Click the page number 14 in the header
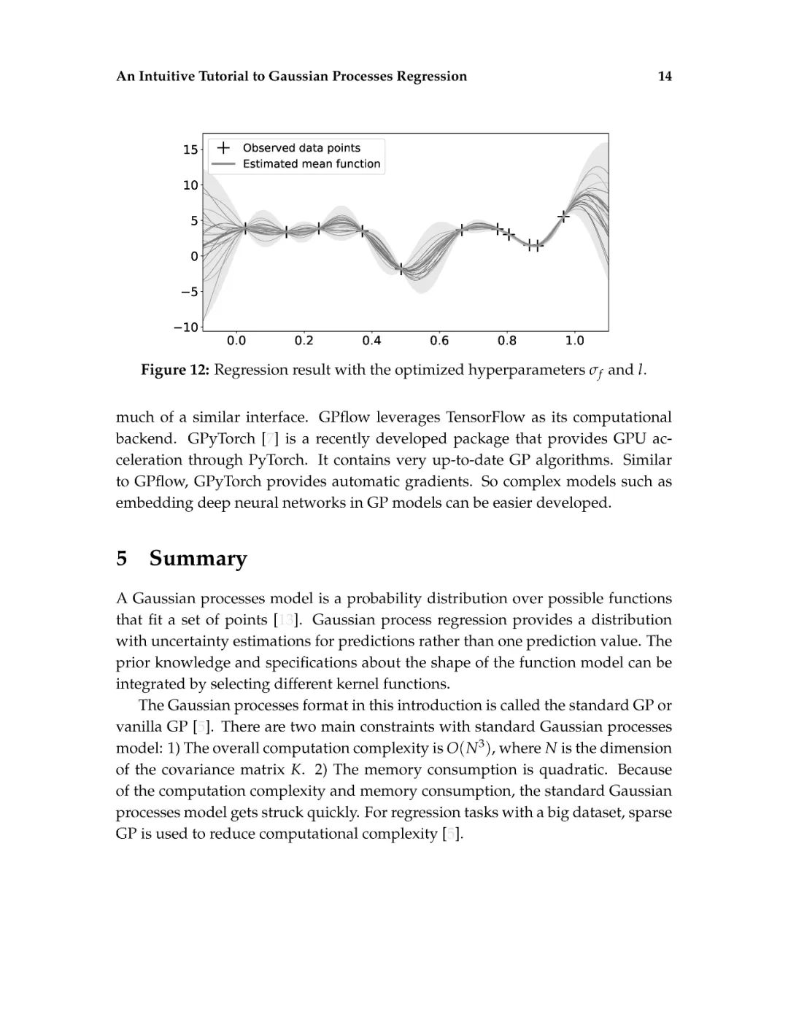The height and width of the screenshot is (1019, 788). click(x=664, y=77)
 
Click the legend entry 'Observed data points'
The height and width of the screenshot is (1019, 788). click(x=301, y=147)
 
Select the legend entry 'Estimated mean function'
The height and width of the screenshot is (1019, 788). click(x=312, y=164)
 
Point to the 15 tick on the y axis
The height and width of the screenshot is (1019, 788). click(x=190, y=150)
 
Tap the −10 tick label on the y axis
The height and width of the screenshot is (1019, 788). click(x=186, y=328)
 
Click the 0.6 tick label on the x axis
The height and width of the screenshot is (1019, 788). click(x=439, y=341)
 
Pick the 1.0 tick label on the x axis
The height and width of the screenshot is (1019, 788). click(x=574, y=341)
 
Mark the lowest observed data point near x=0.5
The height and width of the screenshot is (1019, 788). click(x=401, y=270)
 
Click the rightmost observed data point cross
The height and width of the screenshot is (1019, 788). click(x=563, y=217)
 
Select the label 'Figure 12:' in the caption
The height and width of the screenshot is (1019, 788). click(x=175, y=370)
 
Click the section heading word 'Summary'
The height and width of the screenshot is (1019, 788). click(x=198, y=559)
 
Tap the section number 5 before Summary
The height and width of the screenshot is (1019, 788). click(x=122, y=559)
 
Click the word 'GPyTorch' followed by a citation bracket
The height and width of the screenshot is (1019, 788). click(x=221, y=438)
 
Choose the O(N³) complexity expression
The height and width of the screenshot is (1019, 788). click(x=469, y=748)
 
